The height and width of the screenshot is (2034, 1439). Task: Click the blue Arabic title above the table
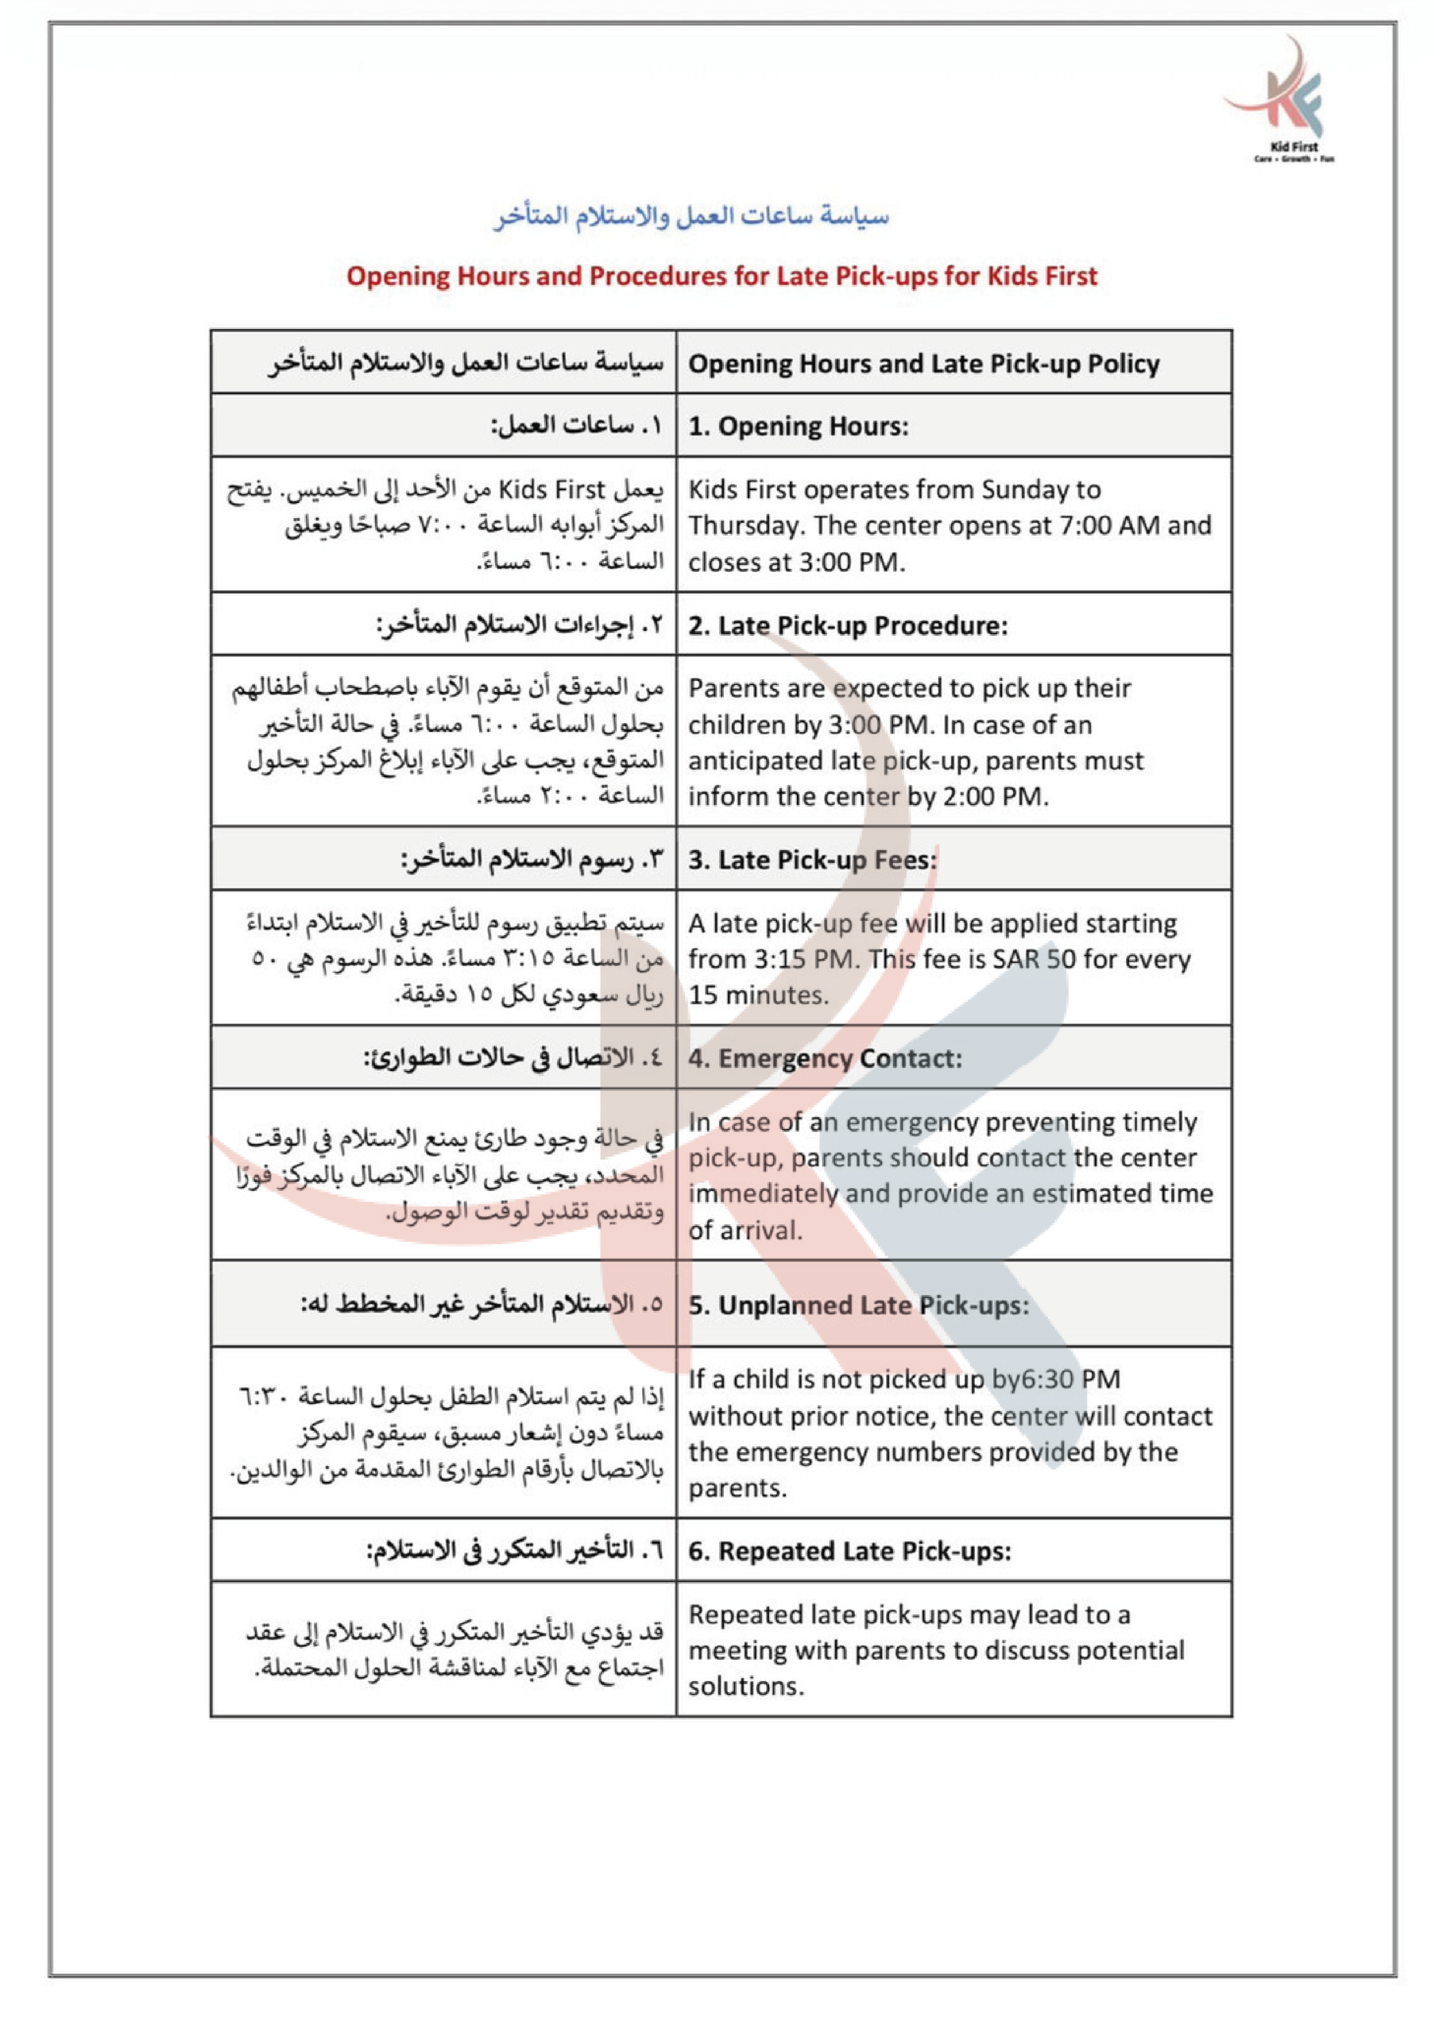pos(691,216)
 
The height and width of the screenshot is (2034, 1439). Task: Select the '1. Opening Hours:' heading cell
pos(799,426)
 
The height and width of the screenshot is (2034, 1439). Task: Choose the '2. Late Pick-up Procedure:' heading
pos(848,625)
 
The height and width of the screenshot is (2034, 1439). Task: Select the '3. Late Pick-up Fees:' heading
pos(811,860)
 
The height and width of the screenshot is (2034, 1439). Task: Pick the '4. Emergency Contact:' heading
pos(825,1058)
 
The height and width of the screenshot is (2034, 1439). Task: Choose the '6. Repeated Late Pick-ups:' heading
pos(849,1551)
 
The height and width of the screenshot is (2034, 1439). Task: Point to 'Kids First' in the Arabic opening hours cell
pos(551,490)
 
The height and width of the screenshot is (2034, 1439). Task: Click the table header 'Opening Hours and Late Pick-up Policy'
pos(923,363)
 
